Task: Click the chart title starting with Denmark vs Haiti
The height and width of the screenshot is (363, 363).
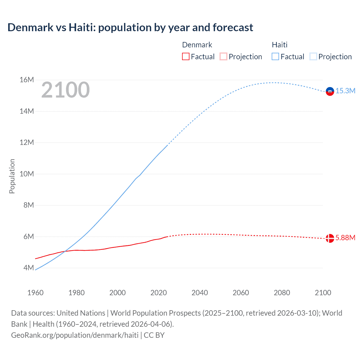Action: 130,28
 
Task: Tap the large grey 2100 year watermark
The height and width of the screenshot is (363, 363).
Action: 66,90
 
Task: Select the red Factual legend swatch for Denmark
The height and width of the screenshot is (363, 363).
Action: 185,57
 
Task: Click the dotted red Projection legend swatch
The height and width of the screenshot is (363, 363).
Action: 223,57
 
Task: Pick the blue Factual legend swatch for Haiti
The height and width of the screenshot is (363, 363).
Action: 275,57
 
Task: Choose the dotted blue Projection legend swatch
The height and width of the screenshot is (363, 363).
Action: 313,57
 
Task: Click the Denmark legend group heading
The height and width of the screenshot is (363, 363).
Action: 197,45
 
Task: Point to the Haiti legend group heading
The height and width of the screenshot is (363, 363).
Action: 280,45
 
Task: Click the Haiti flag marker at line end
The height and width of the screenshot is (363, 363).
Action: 330,91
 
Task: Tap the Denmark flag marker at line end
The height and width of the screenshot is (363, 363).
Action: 330,238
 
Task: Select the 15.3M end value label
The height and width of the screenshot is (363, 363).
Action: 345,91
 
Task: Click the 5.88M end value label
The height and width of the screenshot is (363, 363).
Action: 345,238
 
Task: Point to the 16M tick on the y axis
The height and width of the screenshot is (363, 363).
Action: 27,80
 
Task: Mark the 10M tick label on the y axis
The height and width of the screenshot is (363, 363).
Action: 27,174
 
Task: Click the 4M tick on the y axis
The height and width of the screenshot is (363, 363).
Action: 29,268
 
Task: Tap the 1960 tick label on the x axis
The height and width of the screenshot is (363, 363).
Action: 35,293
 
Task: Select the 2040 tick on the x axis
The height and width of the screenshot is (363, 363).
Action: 200,293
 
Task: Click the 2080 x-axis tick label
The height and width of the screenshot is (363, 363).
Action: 282,293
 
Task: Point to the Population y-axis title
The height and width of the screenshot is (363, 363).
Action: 12,176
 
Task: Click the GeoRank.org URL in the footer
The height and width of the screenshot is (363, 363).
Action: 75,335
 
